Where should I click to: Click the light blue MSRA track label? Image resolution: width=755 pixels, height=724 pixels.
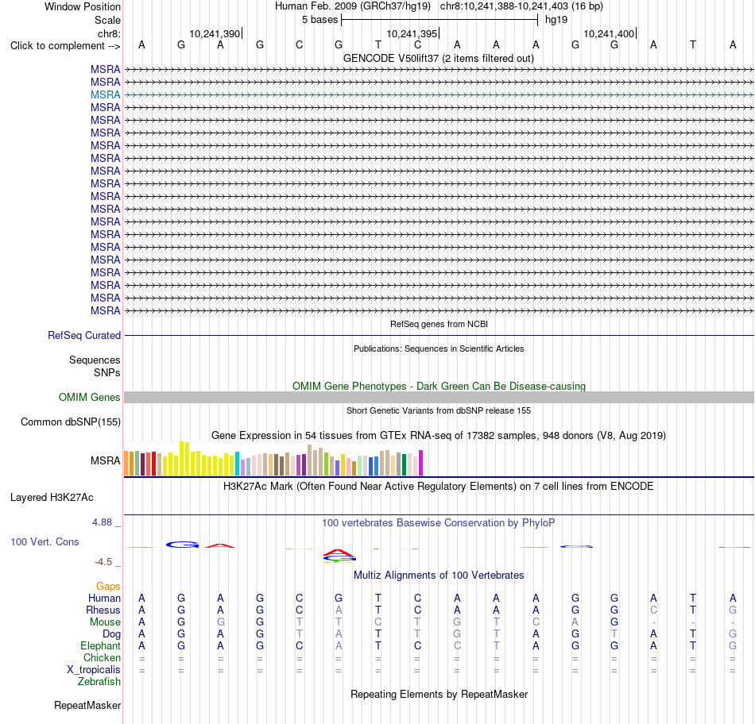point(105,94)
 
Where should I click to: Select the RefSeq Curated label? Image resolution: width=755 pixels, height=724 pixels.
point(84,335)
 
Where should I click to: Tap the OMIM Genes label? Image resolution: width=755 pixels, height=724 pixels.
point(90,398)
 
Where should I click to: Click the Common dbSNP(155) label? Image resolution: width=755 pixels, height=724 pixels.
point(71,422)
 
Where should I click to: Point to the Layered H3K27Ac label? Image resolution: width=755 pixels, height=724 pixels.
point(52,498)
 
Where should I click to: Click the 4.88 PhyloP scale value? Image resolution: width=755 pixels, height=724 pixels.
point(102,522)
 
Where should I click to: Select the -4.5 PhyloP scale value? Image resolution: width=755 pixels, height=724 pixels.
point(103,562)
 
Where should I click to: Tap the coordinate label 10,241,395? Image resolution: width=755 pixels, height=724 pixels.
point(412,33)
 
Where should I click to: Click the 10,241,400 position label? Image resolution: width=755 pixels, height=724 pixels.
point(609,33)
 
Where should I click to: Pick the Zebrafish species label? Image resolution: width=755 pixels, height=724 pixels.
point(99,682)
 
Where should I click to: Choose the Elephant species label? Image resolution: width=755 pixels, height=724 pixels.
point(101,645)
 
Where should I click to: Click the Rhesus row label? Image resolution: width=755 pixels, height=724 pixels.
point(103,610)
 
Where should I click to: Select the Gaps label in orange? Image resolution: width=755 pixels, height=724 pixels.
point(108,586)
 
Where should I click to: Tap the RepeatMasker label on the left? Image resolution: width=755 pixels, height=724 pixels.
point(87,705)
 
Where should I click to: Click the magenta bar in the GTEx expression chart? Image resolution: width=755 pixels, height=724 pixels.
point(421,463)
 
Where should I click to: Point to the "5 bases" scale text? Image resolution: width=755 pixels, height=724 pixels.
point(319,20)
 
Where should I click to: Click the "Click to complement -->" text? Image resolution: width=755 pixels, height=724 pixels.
point(65,46)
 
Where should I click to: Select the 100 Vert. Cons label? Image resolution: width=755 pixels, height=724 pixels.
point(45,541)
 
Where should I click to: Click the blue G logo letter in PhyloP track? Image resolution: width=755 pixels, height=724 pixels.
point(183,545)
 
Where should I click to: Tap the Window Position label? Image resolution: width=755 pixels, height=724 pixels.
point(83,6)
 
